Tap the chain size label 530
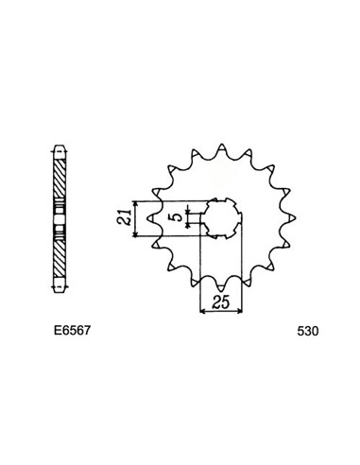pos(308,332)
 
